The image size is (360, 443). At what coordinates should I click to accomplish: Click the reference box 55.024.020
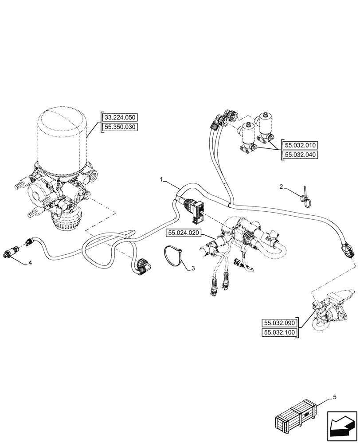tap(184, 233)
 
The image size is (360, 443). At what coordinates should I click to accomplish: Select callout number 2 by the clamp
tap(281, 187)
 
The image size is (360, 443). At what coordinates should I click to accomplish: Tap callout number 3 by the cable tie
tap(193, 268)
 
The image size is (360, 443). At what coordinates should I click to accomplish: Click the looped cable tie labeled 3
tap(172, 256)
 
